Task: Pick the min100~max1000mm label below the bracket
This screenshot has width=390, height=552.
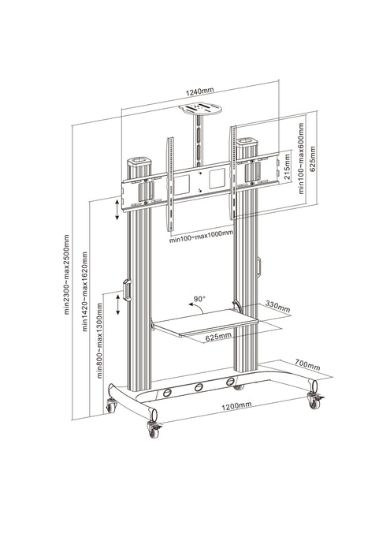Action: tap(201, 233)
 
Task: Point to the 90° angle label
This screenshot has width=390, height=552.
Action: tap(199, 299)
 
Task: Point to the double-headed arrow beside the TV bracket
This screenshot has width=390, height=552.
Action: tap(117, 209)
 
